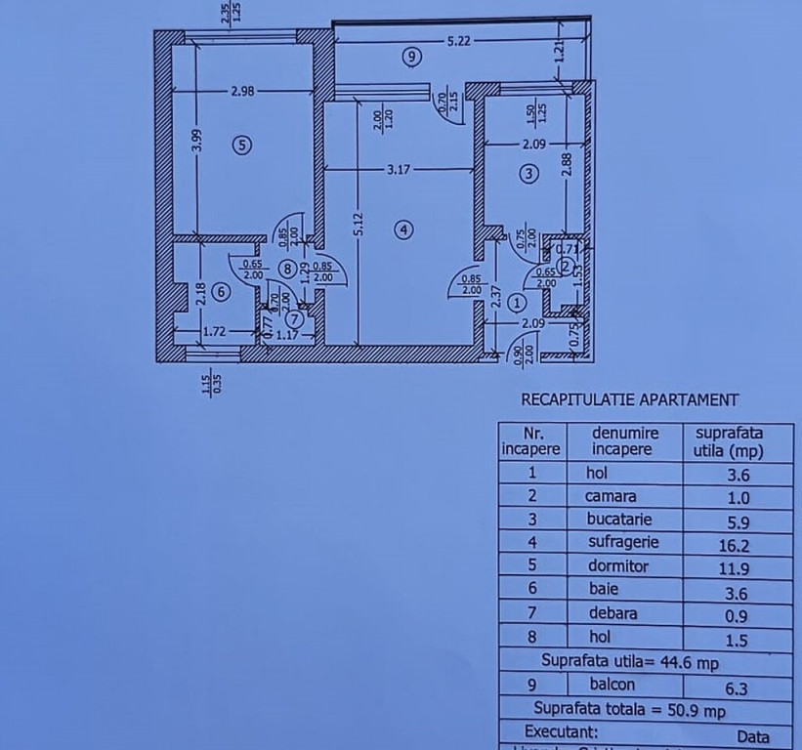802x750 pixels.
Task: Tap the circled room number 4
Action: (x=404, y=229)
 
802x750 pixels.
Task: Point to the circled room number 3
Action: (x=528, y=174)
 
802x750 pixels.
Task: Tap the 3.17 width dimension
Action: (x=398, y=170)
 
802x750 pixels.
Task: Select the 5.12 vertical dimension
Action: (x=359, y=225)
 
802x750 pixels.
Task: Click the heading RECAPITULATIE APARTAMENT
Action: (x=630, y=399)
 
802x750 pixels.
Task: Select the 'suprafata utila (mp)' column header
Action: (x=728, y=441)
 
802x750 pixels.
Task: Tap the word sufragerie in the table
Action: (x=623, y=542)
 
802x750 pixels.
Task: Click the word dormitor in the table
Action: (x=619, y=566)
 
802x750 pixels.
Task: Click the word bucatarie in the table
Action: (x=618, y=520)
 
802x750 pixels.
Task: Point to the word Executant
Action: (x=562, y=730)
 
